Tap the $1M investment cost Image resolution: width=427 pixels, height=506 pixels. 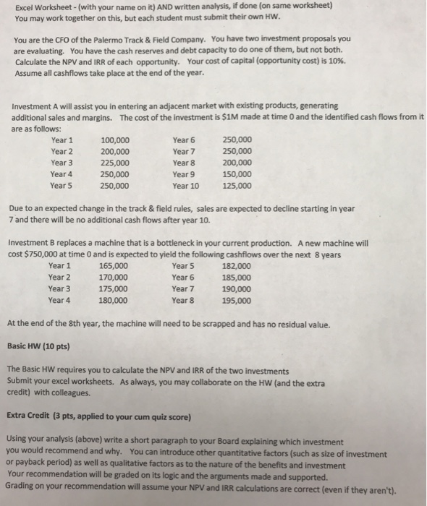[x=230, y=118]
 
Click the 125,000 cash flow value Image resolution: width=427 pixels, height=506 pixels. [x=237, y=186]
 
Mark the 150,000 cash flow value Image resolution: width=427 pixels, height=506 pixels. [x=237, y=174]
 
